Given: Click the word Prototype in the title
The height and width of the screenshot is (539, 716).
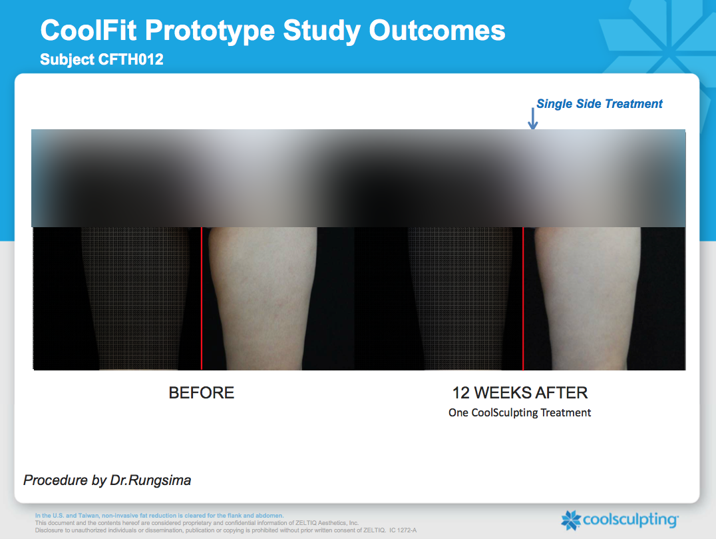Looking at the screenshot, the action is point(210,31).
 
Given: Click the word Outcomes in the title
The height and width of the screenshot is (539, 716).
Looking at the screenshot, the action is point(437,30).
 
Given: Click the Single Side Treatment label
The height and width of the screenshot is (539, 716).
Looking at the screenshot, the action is point(599,104).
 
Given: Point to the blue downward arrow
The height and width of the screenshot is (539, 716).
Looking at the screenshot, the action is point(532,119).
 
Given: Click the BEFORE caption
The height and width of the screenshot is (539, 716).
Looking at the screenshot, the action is point(202,392).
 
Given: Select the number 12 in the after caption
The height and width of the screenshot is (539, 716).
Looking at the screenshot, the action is point(460,392).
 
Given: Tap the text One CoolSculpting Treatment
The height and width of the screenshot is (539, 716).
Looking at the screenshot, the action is point(520,413).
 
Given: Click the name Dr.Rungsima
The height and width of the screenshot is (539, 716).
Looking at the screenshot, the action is point(150,480).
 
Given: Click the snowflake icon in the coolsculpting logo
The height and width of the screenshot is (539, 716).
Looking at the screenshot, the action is point(571,520).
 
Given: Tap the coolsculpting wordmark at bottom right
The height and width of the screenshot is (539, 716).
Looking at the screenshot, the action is point(631,520).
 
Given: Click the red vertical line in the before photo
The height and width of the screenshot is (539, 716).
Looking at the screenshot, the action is point(202,298).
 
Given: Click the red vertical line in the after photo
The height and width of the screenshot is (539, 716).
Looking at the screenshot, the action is point(523,298).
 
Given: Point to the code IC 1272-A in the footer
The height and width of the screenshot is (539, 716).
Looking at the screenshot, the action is point(403,530).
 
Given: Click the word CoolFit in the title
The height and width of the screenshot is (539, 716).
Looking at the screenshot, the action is point(89,30).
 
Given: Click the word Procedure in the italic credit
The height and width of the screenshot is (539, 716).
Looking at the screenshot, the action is point(55,480).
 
